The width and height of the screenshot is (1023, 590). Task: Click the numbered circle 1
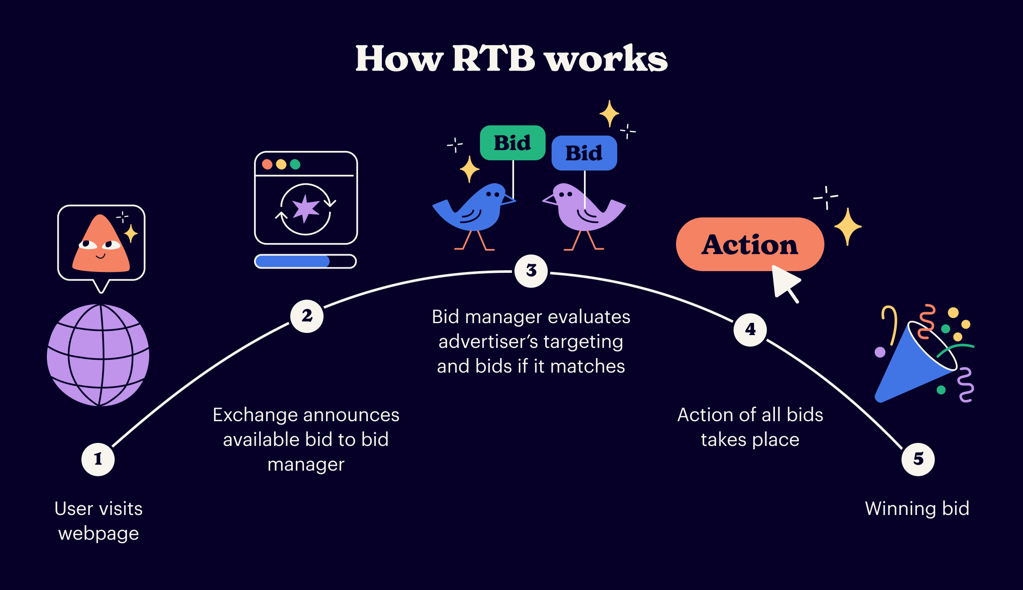[98, 459]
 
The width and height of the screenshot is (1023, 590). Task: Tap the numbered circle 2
[307, 316]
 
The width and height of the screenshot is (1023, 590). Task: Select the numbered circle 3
[531, 271]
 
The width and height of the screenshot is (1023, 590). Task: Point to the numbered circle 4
[750, 330]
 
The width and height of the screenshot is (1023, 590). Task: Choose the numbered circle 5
[918, 459]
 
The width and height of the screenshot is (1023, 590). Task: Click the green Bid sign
[512, 143]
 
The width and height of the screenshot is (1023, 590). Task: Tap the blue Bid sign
[584, 153]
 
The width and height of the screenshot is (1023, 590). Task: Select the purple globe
[98, 355]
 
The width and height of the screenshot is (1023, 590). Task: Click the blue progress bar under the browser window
[292, 261]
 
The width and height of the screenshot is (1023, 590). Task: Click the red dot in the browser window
[267, 164]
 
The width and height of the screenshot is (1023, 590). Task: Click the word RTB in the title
[493, 58]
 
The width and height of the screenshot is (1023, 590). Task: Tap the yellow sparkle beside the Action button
[848, 226]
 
